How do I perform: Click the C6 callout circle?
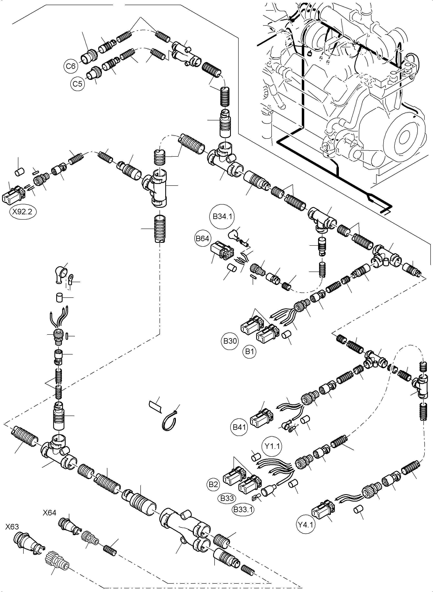[71, 66]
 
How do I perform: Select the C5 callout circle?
[77, 84]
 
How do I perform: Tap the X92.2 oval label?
[23, 211]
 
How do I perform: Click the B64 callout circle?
[203, 239]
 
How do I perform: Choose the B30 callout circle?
[230, 341]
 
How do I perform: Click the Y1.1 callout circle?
[272, 446]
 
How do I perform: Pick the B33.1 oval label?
[243, 510]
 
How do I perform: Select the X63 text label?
[12, 527]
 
